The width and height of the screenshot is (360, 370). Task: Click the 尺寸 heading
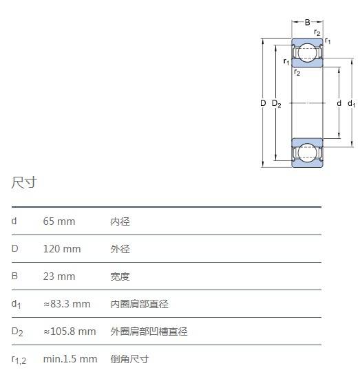point(24,182)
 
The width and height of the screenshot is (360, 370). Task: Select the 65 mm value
point(59,221)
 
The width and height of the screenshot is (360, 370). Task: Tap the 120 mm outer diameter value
point(62,249)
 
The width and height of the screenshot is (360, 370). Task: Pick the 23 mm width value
point(59,276)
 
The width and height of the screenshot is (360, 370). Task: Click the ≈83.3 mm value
point(67,304)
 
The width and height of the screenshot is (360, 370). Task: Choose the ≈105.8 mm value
point(70,331)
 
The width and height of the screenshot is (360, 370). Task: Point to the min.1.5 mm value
point(70,359)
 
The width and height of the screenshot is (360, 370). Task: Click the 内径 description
point(120,221)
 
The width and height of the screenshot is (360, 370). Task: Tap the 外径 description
point(120,249)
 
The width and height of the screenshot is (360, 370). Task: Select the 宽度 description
point(120,276)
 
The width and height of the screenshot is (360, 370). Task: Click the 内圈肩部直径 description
point(139,304)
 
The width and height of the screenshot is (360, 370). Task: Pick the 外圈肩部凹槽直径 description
point(149,331)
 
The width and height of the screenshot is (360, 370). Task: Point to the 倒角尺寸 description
point(129,359)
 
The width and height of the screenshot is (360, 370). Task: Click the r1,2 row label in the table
point(19,360)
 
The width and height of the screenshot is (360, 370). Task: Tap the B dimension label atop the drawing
point(307,23)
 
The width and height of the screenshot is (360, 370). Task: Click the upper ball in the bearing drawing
point(307,53)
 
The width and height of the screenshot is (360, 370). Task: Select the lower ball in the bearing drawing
point(307,153)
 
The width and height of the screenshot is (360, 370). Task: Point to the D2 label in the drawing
point(277,104)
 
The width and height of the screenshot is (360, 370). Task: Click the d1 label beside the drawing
point(352,103)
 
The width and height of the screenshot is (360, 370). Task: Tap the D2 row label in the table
point(17,331)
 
